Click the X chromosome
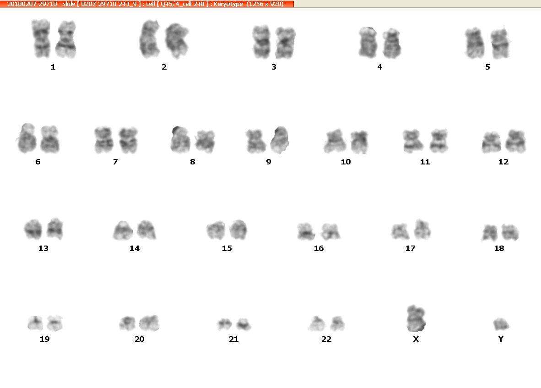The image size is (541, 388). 416,318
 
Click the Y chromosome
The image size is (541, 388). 501,324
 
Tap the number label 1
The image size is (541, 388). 53,67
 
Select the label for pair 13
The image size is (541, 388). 43,248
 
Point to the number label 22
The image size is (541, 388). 326,339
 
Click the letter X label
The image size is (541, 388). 416,339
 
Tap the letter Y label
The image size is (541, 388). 501,339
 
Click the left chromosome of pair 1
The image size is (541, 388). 41,38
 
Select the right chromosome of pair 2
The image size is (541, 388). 177,40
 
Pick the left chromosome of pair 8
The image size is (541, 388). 180,139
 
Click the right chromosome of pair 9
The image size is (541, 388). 280,140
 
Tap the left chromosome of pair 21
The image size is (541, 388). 225,324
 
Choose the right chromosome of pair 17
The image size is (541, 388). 422,229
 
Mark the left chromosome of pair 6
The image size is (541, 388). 27,138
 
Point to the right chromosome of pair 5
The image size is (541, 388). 500,43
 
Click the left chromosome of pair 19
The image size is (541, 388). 35,323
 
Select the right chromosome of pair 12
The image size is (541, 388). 515,141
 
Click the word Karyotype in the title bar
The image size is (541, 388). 228,4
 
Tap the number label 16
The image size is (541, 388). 319,248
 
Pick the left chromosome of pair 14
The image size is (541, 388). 123,230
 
